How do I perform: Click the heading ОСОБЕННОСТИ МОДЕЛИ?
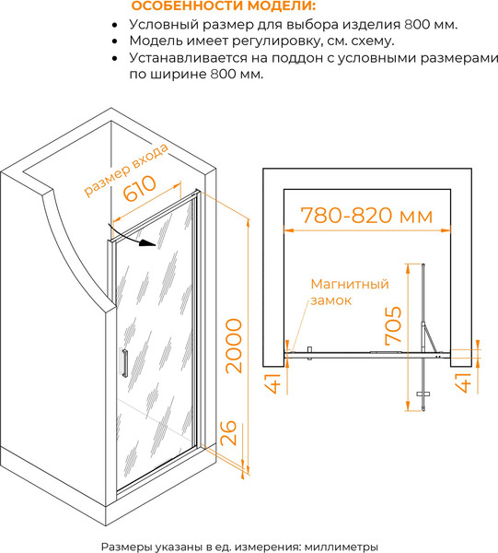(x=224, y=6)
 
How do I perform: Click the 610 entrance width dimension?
(x=140, y=188)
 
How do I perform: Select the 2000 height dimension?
(x=234, y=346)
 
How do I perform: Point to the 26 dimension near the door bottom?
(x=227, y=433)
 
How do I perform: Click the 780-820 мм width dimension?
(x=366, y=215)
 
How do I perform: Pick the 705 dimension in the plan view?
(x=393, y=325)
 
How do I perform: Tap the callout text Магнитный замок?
(x=350, y=292)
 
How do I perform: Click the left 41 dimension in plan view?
(x=272, y=383)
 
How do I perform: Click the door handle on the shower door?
(x=124, y=362)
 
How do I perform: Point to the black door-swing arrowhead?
(x=147, y=242)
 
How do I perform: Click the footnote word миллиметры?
(x=341, y=547)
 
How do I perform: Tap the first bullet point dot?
(x=114, y=26)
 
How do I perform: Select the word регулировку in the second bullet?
(x=277, y=41)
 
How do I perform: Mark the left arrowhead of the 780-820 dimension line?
(x=289, y=230)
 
